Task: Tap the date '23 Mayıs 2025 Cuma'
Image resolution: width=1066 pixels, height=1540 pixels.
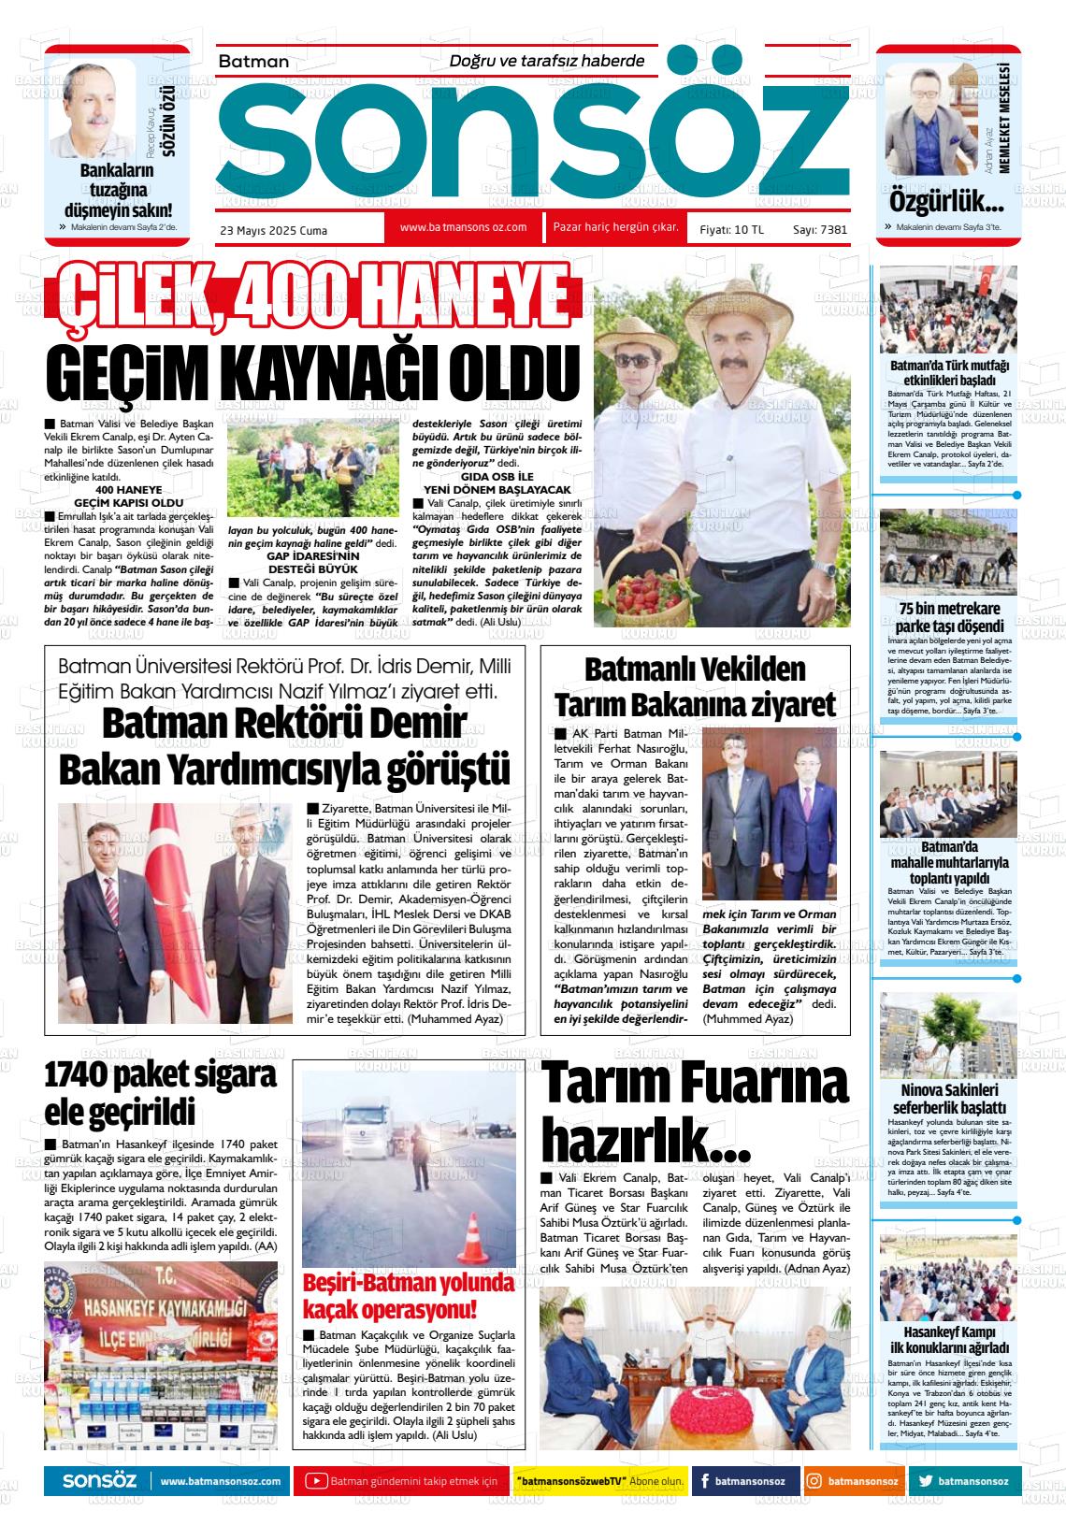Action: [273, 230]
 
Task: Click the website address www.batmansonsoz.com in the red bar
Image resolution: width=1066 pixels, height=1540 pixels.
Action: [463, 227]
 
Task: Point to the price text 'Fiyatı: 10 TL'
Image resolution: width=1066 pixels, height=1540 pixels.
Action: [726, 230]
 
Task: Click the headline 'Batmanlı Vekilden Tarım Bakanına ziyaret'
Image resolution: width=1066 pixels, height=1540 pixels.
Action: [695, 687]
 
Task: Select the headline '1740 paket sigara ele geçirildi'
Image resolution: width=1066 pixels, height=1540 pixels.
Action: [161, 1093]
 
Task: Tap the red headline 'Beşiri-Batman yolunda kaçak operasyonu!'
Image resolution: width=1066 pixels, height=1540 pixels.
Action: [409, 1295]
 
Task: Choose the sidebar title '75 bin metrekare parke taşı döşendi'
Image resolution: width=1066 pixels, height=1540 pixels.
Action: [948, 618]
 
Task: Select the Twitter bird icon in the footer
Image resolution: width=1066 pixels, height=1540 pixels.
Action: [926, 1481]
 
